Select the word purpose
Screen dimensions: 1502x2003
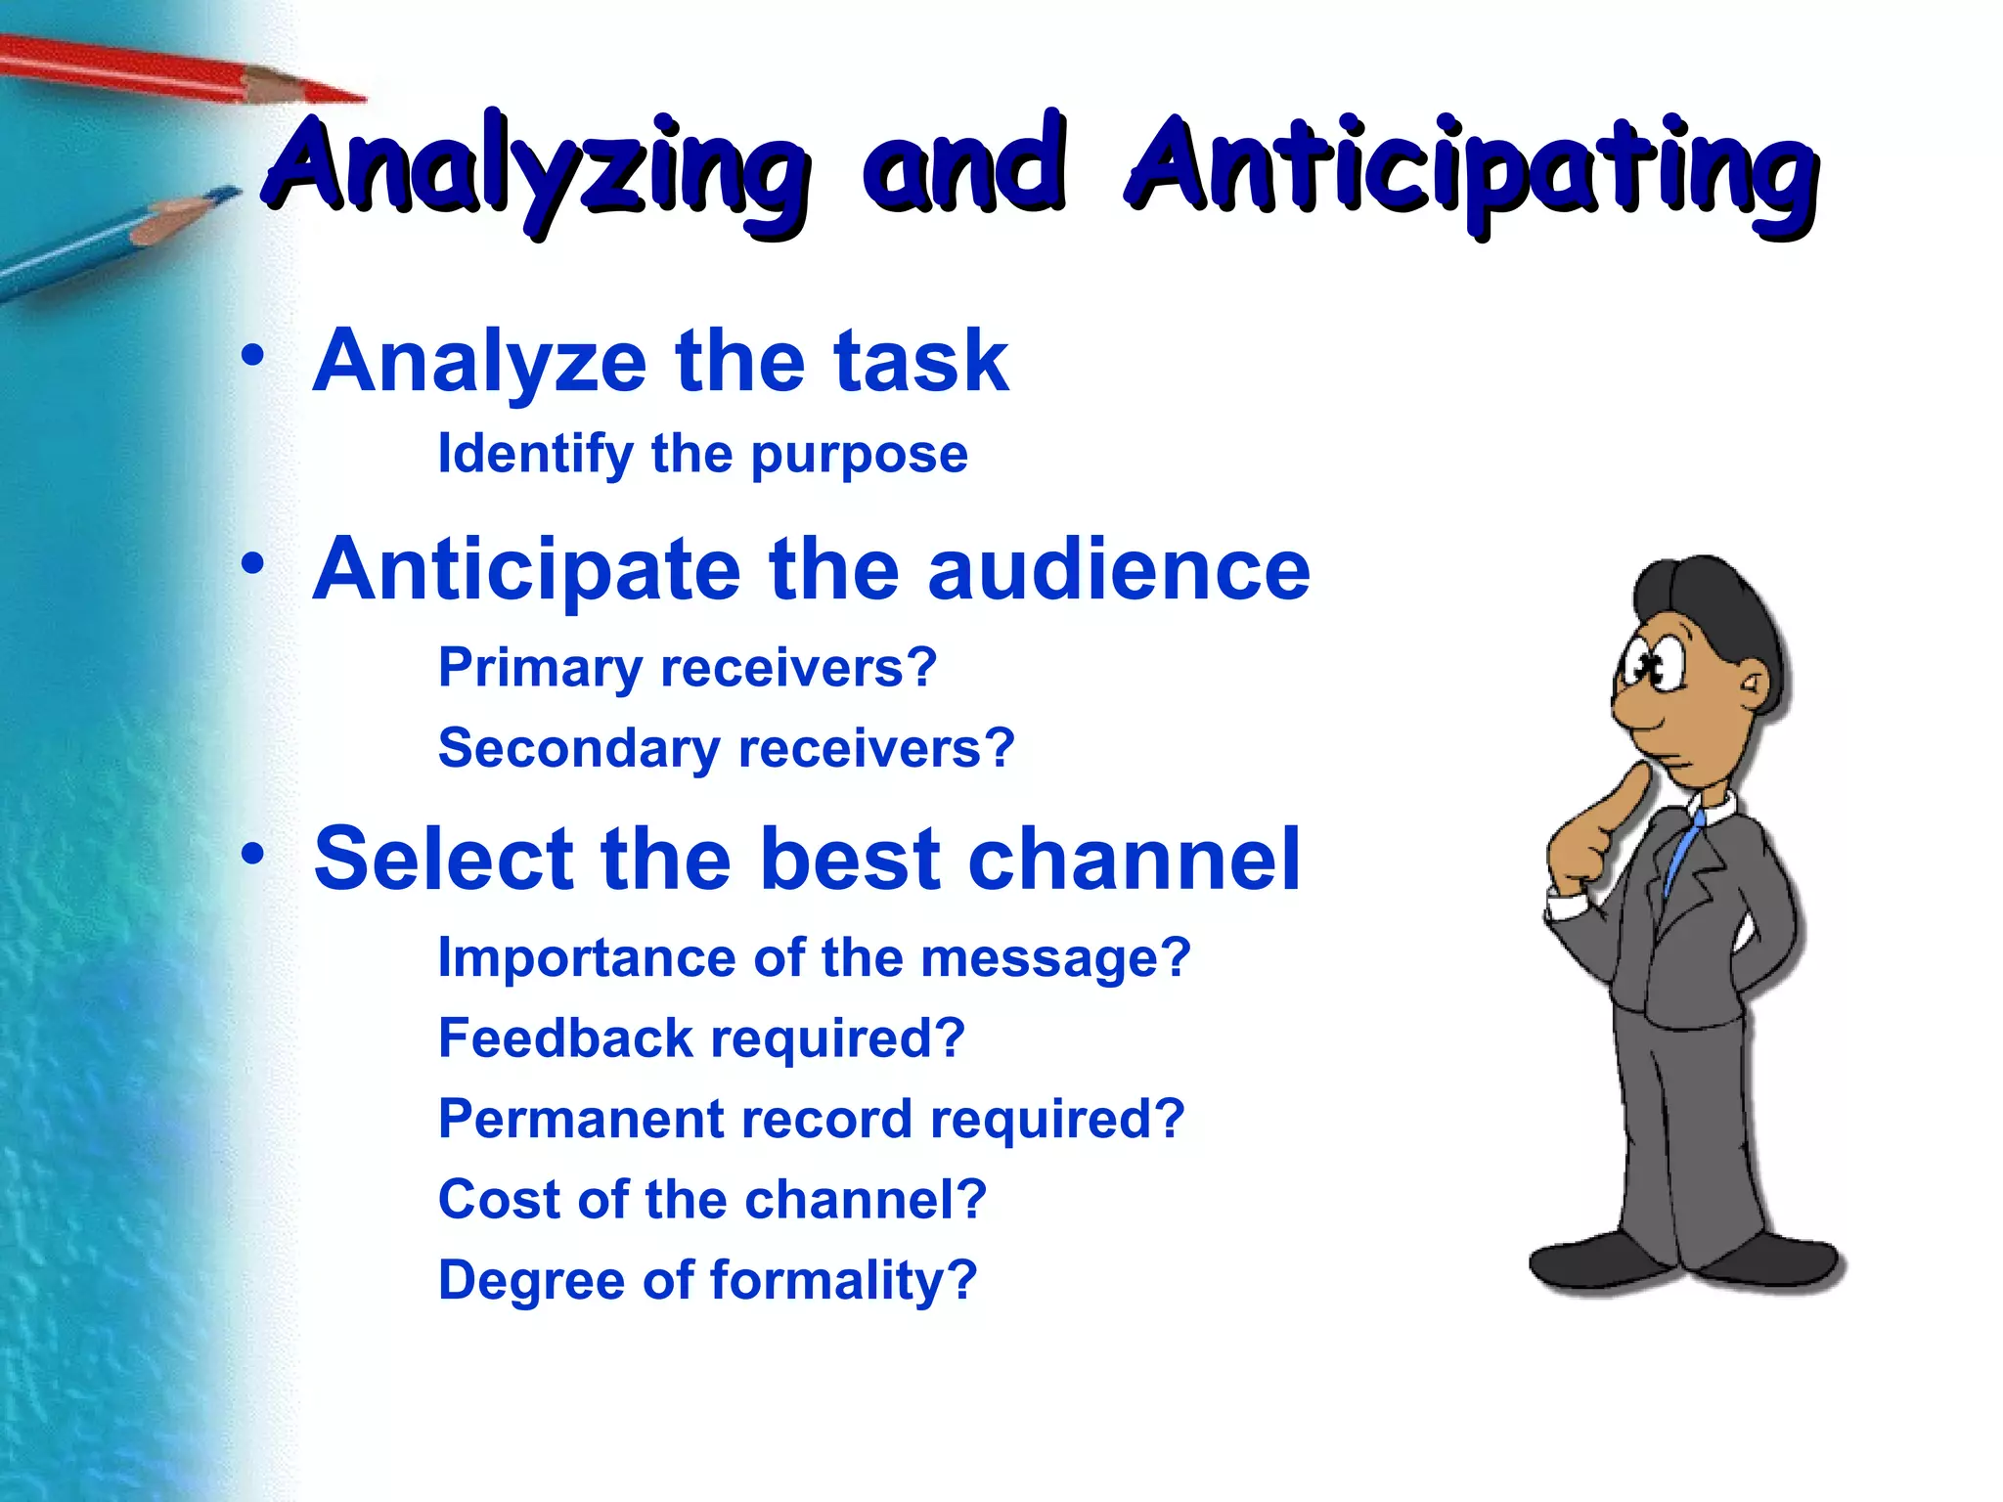pyautogui.click(x=860, y=456)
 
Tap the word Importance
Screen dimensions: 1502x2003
pyautogui.click(x=586, y=957)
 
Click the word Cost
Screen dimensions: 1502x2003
pyautogui.click(x=499, y=1200)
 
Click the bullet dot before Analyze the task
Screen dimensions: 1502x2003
pyautogui.click(x=253, y=357)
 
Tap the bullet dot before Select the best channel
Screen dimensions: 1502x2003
pyautogui.click(x=253, y=854)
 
